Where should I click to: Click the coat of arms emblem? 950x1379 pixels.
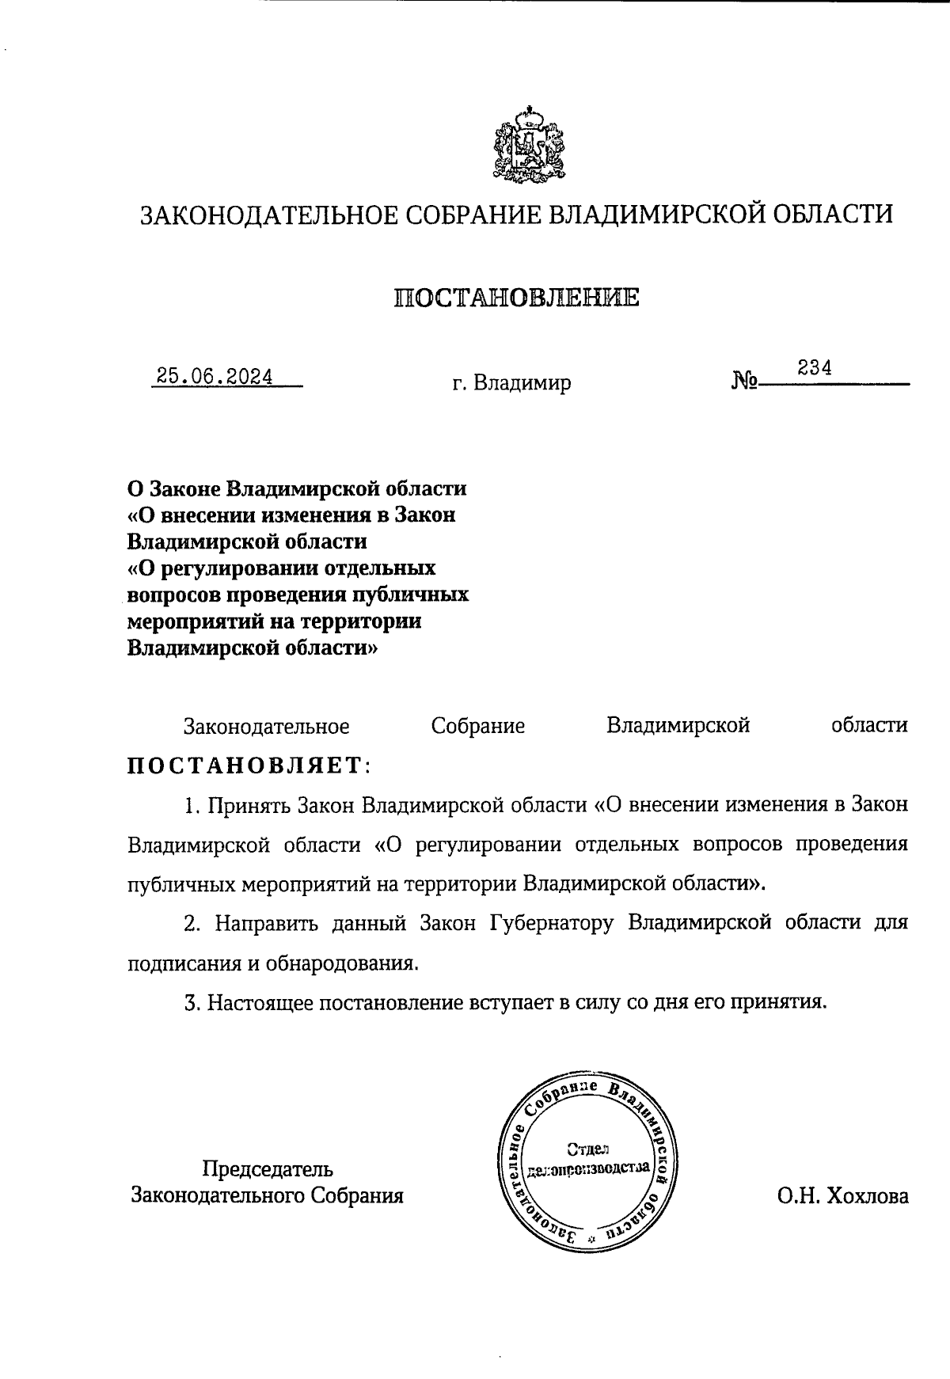(x=528, y=146)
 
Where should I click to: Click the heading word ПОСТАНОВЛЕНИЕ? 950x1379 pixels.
(x=516, y=298)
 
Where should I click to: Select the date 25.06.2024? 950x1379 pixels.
(x=215, y=376)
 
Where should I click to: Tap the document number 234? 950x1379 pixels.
(x=814, y=368)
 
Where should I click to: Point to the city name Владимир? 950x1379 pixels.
(x=522, y=384)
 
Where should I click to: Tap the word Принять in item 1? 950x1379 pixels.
(x=249, y=805)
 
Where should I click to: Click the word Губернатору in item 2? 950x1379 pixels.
(x=552, y=924)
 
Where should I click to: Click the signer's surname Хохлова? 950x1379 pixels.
(x=867, y=1196)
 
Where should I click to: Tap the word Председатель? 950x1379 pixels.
(x=268, y=1169)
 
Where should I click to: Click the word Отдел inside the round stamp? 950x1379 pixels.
(x=587, y=1149)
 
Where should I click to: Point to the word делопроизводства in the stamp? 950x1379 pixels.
(x=588, y=1168)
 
